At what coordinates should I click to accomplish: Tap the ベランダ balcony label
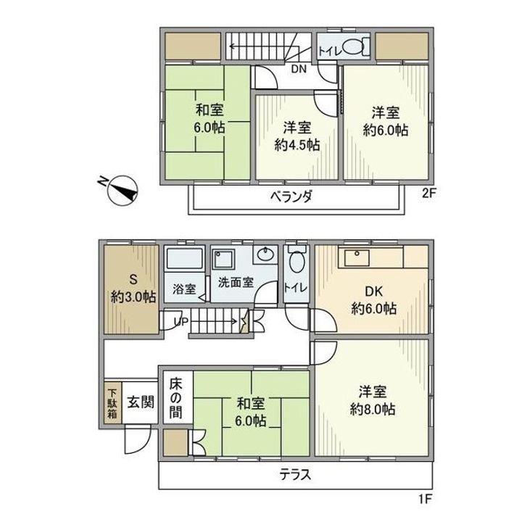[x=291, y=197]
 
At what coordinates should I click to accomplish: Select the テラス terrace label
[x=296, y=473]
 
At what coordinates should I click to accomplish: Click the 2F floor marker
[x=428, y=194]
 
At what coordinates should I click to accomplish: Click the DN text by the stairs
[x=299, y=69]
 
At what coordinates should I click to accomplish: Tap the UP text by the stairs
[x=181, y=321]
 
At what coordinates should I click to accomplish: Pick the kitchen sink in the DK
[x=357, y=257]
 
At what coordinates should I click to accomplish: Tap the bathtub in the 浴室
[x=184, y=259]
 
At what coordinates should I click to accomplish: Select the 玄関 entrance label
[x=141, y=402]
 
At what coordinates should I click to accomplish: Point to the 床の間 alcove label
[x=175, y=399]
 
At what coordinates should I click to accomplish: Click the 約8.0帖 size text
[x=372, y=409]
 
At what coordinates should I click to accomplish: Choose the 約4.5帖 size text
[x=297, y=145]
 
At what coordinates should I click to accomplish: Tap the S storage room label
[x=133, y=279]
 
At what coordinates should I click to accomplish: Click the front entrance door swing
[x=138, y=439]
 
